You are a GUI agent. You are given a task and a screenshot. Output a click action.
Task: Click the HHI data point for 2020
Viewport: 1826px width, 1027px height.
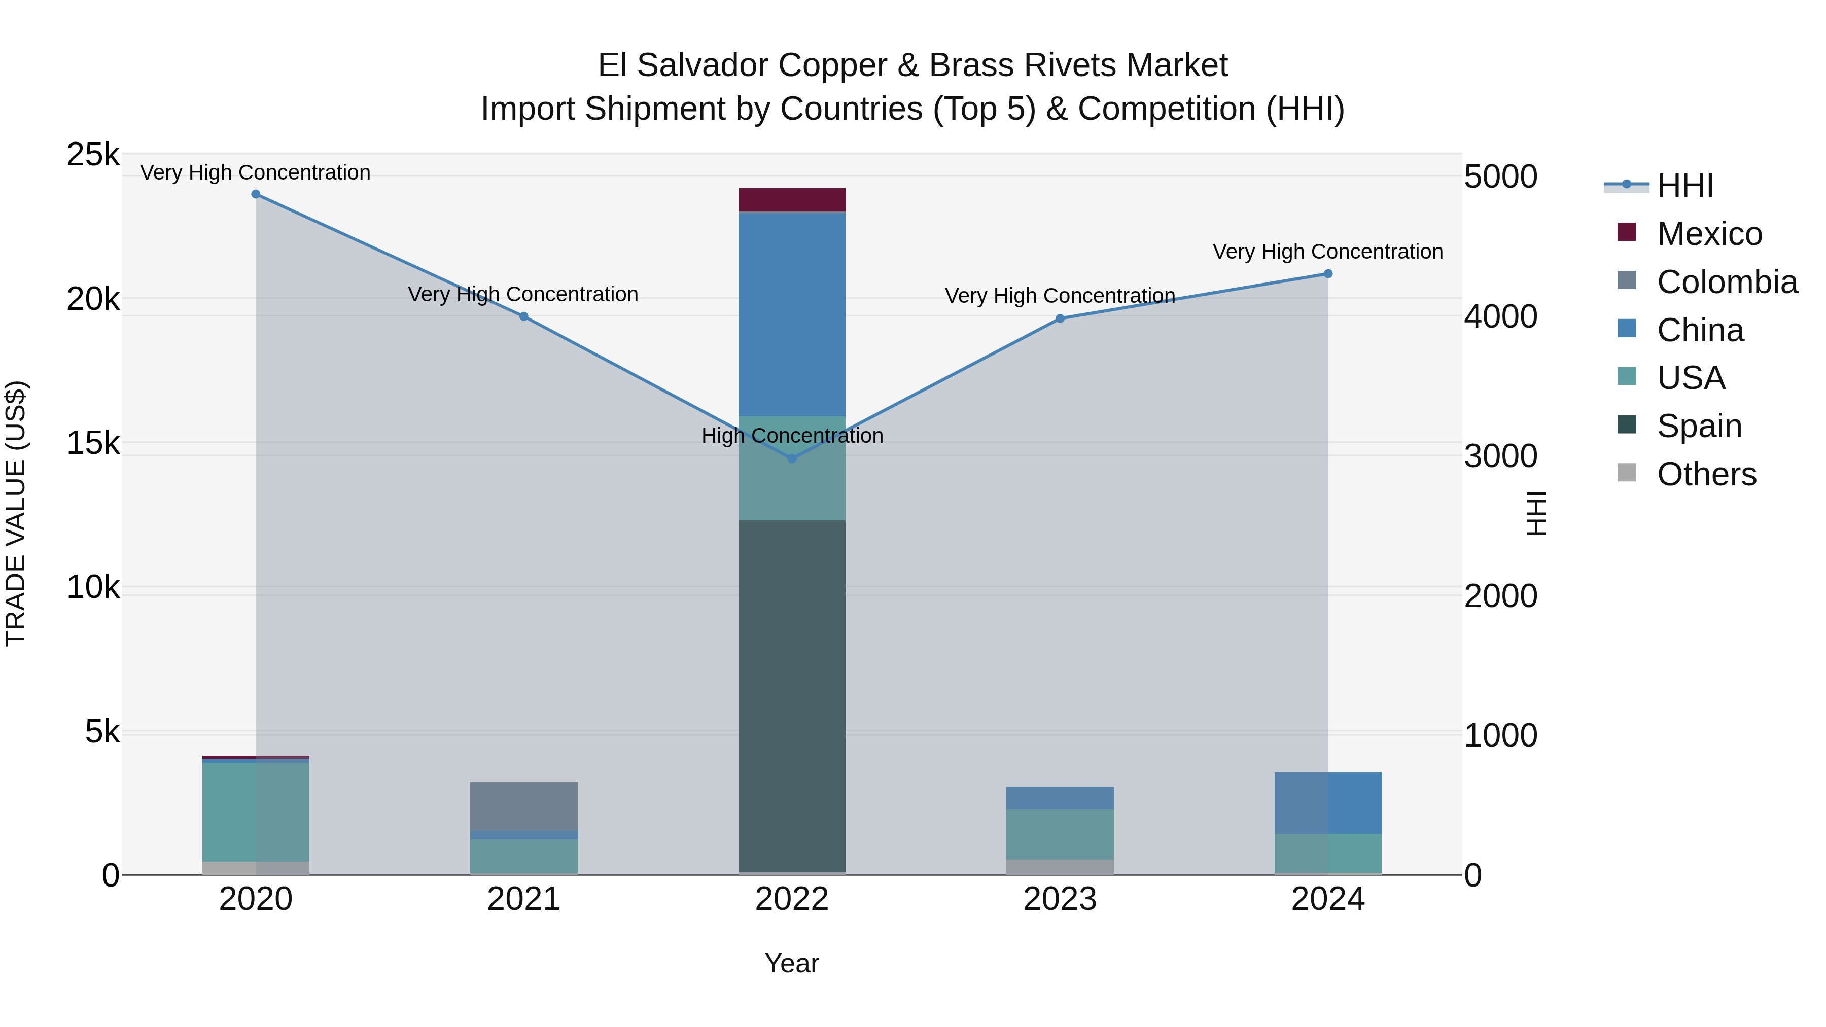coord(256,194)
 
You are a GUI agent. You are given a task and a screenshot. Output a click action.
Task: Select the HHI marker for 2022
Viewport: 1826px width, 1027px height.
coord(792,458)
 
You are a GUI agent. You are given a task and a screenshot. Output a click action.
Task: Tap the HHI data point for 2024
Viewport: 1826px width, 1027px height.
coord(1328,273)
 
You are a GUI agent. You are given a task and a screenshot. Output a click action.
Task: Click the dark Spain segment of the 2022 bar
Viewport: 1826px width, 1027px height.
coord(792,695)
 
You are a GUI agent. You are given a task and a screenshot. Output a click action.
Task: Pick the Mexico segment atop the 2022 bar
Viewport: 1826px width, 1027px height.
coord(792,200)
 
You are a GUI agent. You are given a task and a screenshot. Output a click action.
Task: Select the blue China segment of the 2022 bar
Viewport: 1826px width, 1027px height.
coord(792,314)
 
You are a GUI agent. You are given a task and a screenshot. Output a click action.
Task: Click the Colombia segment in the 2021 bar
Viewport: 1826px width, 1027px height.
coord(524,806)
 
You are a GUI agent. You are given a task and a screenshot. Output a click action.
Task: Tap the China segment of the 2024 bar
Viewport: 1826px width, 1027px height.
coord(1328,802)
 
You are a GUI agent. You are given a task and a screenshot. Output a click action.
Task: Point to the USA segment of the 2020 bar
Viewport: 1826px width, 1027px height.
coord(256,811)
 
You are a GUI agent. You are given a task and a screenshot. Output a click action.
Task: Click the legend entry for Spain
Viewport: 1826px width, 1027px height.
coord(1698,426)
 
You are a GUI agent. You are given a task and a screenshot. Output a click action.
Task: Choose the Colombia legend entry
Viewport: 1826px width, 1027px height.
coord(1727,282)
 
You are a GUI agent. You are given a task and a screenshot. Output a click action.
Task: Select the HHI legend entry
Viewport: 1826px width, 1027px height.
coord(1684,186)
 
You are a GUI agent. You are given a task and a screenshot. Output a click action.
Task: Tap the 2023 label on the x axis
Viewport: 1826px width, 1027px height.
coord(1060,899)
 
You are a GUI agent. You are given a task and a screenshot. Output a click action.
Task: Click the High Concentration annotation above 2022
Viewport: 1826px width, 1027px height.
coord(792,435)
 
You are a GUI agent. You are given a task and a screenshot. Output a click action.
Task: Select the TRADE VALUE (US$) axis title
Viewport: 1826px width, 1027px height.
coord(16,513)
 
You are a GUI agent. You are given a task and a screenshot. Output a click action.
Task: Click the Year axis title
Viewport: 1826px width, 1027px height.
coord(792,963)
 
